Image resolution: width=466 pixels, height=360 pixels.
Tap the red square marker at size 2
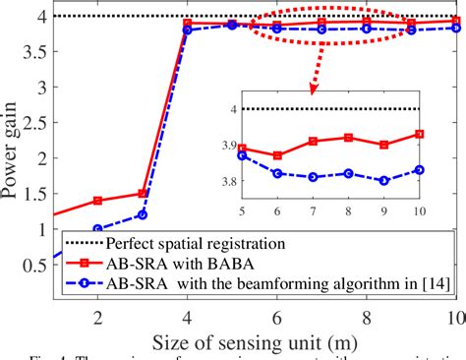coord(97,201)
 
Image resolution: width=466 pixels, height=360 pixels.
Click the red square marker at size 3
coord(142,194)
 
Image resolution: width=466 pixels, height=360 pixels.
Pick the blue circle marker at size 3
coord(142,214)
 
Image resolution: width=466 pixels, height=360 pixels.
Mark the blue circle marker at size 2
coord(97,229)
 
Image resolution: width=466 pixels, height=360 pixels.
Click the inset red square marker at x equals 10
coord(420,134)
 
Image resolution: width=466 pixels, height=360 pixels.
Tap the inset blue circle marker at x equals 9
coord(383,181)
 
